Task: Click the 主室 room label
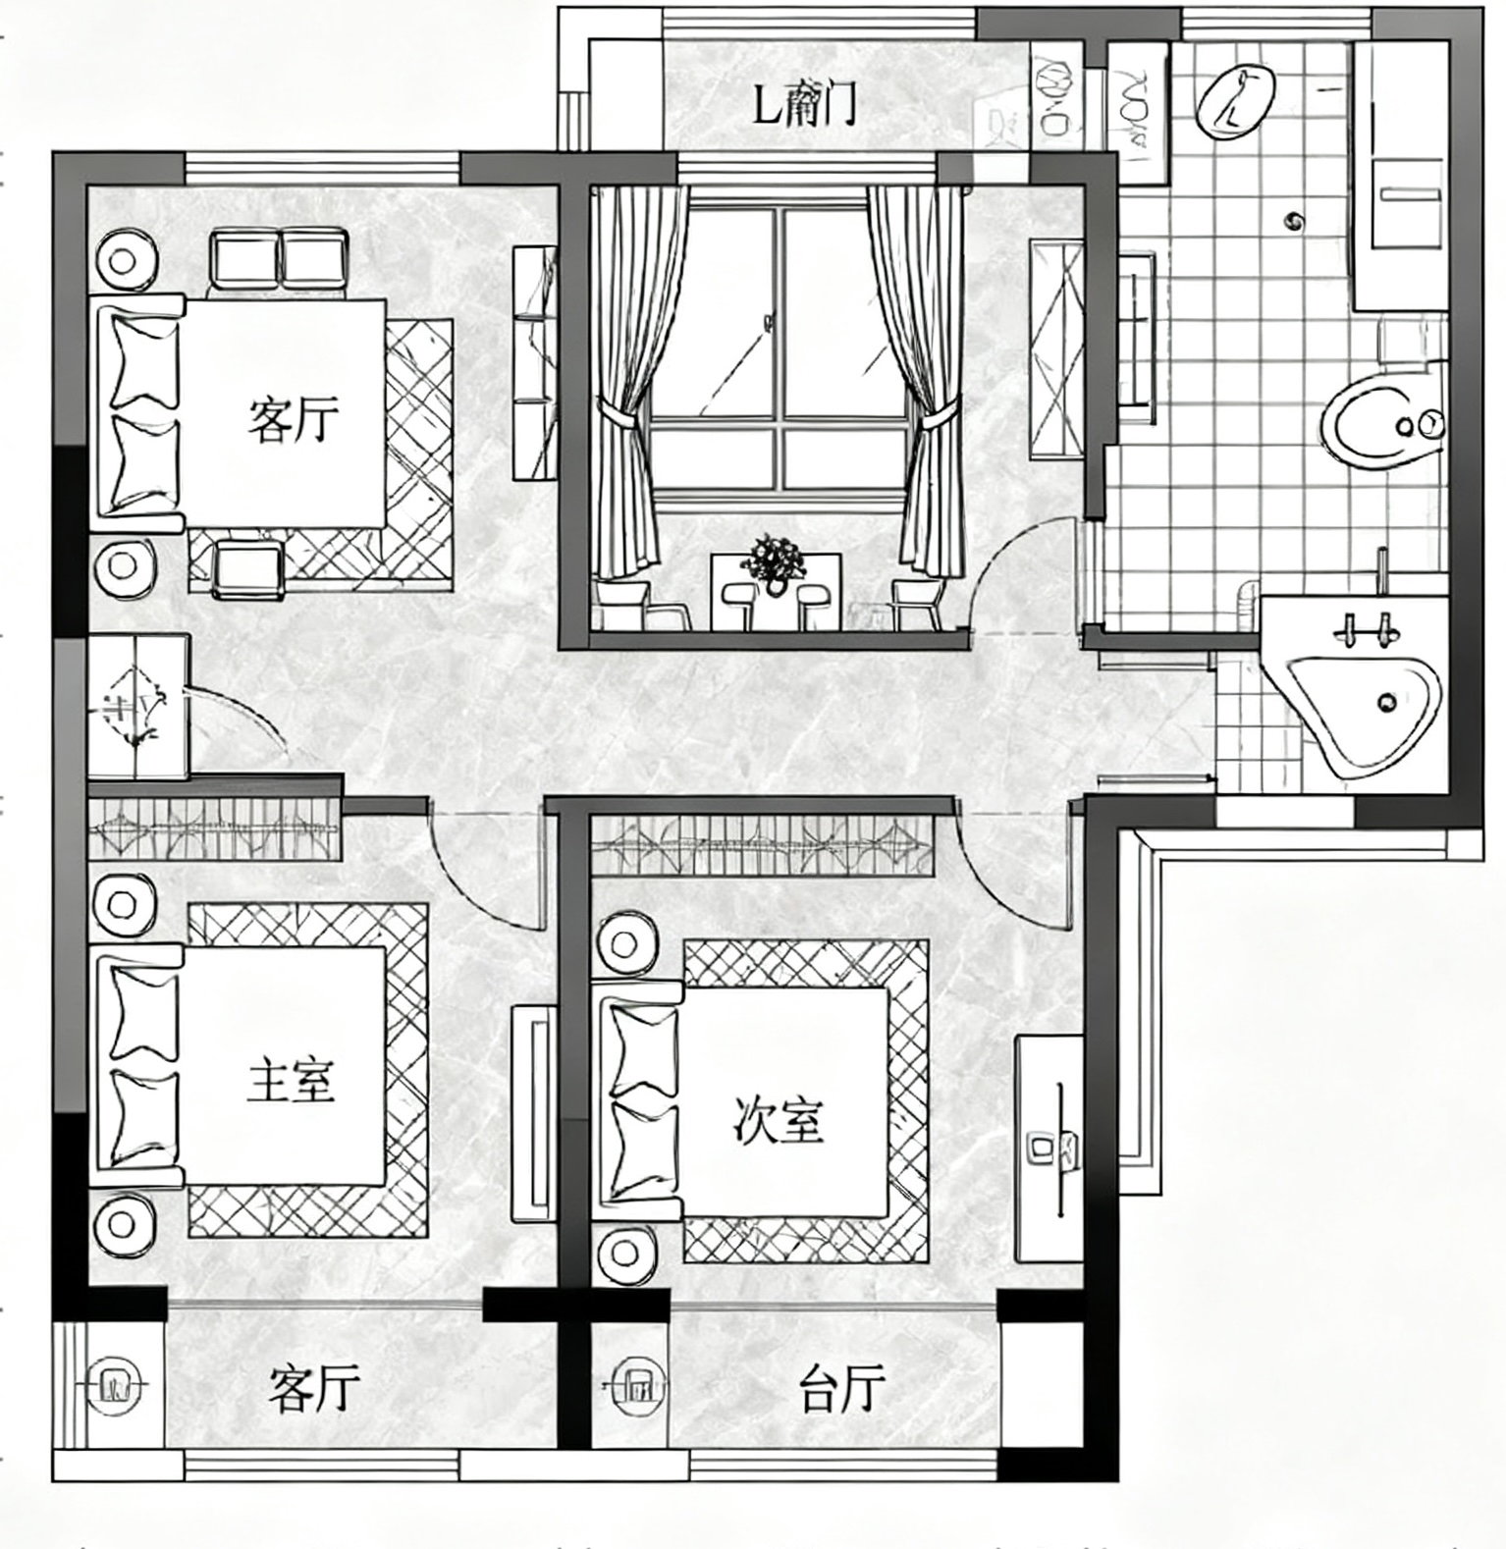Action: tap(291, 1080)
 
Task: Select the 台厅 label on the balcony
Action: tap(842, 1388)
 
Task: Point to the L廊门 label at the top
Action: tap(805, 103)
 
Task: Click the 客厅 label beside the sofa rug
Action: tap(293, 419)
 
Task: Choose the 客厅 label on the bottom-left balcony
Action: tap(314, 1388)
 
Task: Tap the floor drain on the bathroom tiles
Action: tap(1296, 221)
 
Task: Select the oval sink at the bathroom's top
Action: tap(1235, 101)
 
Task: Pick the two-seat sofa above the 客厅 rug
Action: tap(280, 259)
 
